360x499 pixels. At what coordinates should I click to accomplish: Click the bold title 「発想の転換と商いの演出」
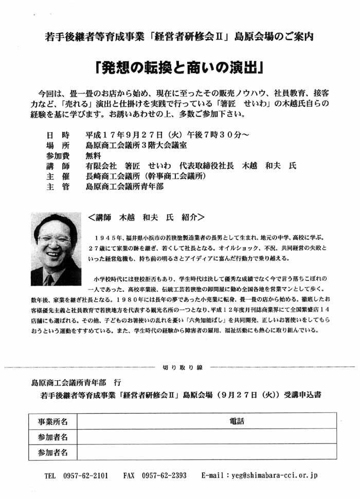pyautogui.click(x=179, y=68)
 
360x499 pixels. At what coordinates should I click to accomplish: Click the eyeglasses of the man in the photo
pyautogui.click(x=53, y=238)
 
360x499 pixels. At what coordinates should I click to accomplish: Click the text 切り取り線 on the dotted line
pyautogui.click(x=183, y=367)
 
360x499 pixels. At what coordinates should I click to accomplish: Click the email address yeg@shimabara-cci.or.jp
pyautogui.click(x=274, y=476)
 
